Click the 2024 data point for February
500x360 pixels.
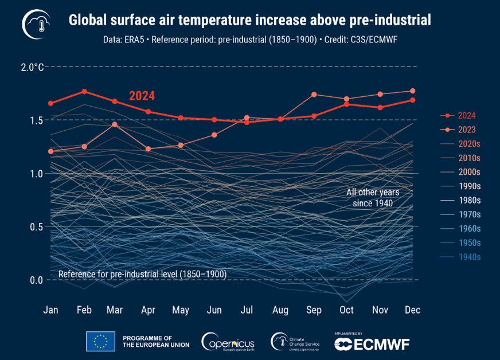click(84, 91)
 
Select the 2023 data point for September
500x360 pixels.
click(314, 95)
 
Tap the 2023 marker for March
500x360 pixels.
click(115, 124)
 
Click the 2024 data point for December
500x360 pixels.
click(412, 100)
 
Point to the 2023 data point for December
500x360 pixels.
click(412, 91)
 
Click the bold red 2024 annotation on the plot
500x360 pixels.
click(142, 96)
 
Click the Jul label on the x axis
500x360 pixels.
click(247, 310)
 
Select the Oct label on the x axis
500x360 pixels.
click(346, 310)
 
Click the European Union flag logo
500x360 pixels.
click(100, 341)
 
